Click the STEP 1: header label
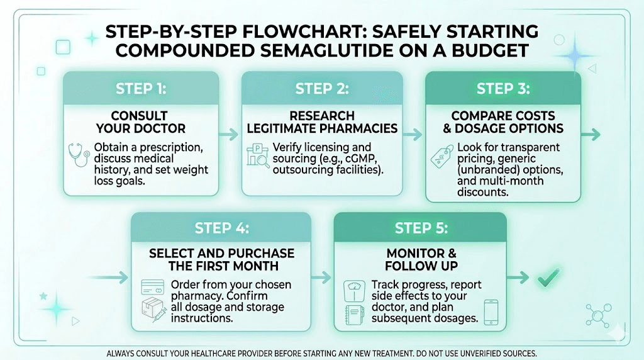click(141, 89)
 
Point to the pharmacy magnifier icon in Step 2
click(257, 157)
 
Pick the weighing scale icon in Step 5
click(353, 290)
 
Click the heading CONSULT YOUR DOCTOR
click(140, 121)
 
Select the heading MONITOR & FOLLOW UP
click(420, 259)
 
